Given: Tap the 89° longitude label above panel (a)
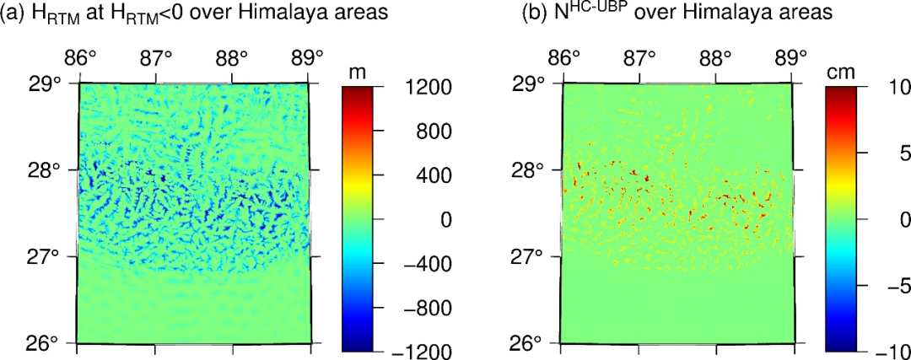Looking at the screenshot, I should click(309, 59).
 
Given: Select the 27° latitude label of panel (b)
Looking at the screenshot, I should click(531, 256).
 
